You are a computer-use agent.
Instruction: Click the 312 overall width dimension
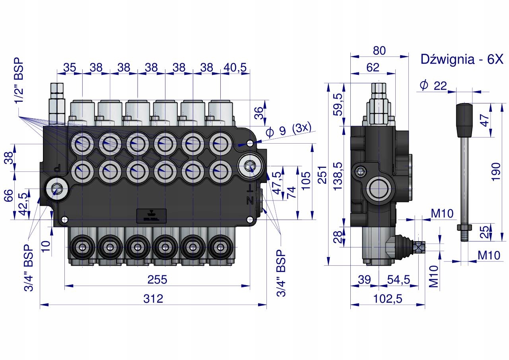tap(153, 299)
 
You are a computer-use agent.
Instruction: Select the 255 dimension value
tap(157, 280)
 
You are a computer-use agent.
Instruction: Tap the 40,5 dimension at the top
tap(235, 67)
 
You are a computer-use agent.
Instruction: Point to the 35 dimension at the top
tap(70, 67)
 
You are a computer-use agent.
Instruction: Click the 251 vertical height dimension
tap(322, 175)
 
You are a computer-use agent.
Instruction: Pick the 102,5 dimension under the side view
tap(388, 299)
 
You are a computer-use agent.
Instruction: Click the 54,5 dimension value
tap(398, 280)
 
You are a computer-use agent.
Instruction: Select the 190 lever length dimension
tap(496, 172)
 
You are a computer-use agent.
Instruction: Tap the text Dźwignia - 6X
tap(462, 59)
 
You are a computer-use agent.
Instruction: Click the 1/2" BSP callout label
tap(19, 80)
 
